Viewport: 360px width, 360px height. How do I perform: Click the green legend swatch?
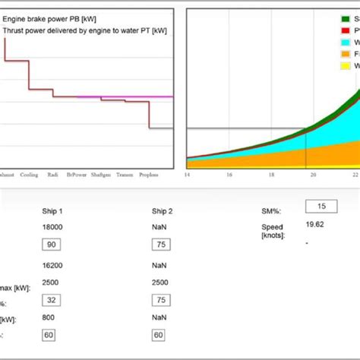pyautogui.click(x=345, y=17)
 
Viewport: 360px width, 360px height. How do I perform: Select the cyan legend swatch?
pyautogui.click(x=345, y=42)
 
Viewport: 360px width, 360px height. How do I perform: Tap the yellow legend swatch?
pyautogui.click(x=345, y=66)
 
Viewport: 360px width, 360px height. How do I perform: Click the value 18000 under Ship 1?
pyautogui.click(x=52, y=227)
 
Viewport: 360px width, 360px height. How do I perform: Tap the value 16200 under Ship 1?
pyautogui.click(x=52, y=267)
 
